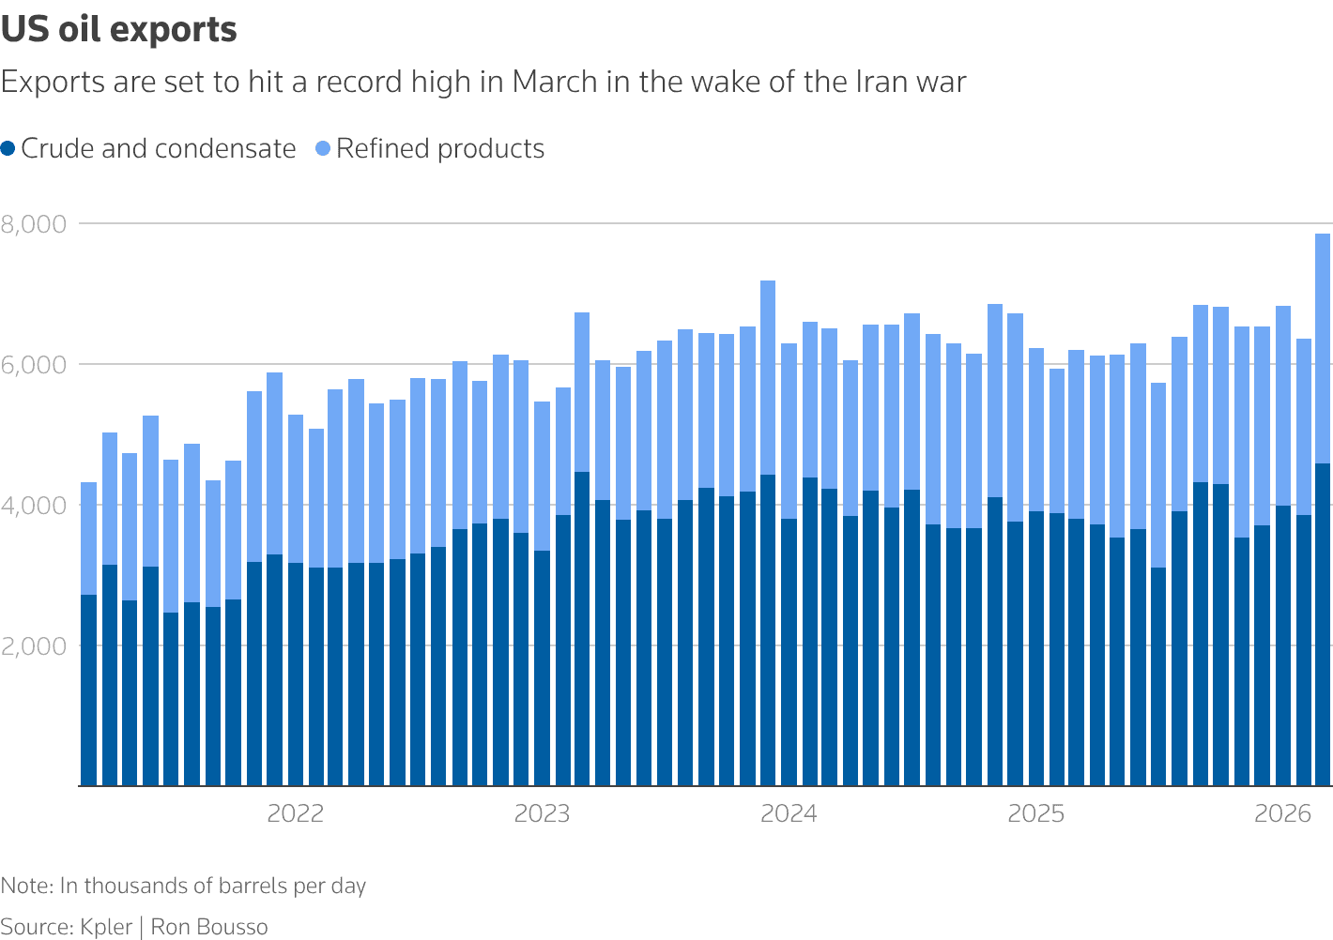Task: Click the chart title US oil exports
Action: click(119, 30)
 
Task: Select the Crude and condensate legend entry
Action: click(158, 149)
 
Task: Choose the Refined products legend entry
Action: click(439, 149)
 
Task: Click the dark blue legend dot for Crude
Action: click(8, 149)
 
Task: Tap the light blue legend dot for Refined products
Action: click(324, 149)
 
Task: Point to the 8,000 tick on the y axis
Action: click(34, 224)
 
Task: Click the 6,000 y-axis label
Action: click(34, 365)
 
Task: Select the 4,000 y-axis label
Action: click(34, 506)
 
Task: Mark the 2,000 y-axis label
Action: click(34, 646)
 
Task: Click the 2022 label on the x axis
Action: click(295, 813)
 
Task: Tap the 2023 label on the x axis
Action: click(542, 813)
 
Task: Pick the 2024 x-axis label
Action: click(789, 813)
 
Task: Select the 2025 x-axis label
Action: click(1035, 813)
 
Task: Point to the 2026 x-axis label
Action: click(1282, 813)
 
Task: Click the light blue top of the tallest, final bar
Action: click(1323, 347)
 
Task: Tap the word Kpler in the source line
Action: click(106, 927)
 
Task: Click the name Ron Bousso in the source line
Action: click(209, 927)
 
